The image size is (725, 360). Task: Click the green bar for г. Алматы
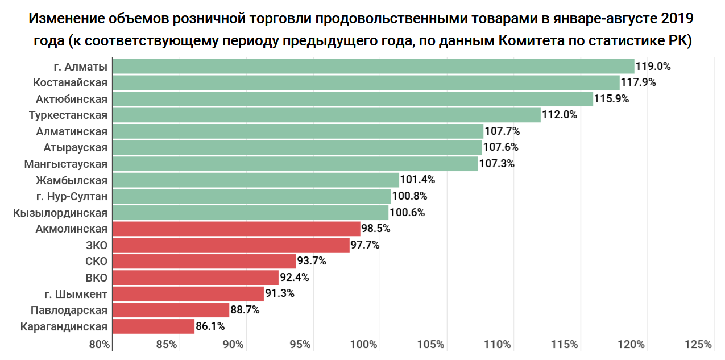[373, 67]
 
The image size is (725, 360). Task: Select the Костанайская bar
[366, 82]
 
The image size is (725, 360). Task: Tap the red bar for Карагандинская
[154, 326]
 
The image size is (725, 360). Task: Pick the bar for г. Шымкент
[188, 294]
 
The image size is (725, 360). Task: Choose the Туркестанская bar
[326, 115]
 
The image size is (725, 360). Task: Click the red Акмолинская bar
[237, 229]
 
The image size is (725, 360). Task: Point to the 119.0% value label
[653, 67]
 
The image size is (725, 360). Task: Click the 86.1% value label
[210, 326]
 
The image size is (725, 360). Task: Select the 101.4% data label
[418, 180]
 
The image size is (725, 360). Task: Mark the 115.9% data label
[612, 99]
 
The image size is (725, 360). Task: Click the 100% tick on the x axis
[364, 345]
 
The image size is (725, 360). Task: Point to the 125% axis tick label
[698, 345]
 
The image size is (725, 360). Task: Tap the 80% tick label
[100, 345]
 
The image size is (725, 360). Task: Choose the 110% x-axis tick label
[498, 345]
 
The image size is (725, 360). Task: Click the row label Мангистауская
[66, 164]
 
